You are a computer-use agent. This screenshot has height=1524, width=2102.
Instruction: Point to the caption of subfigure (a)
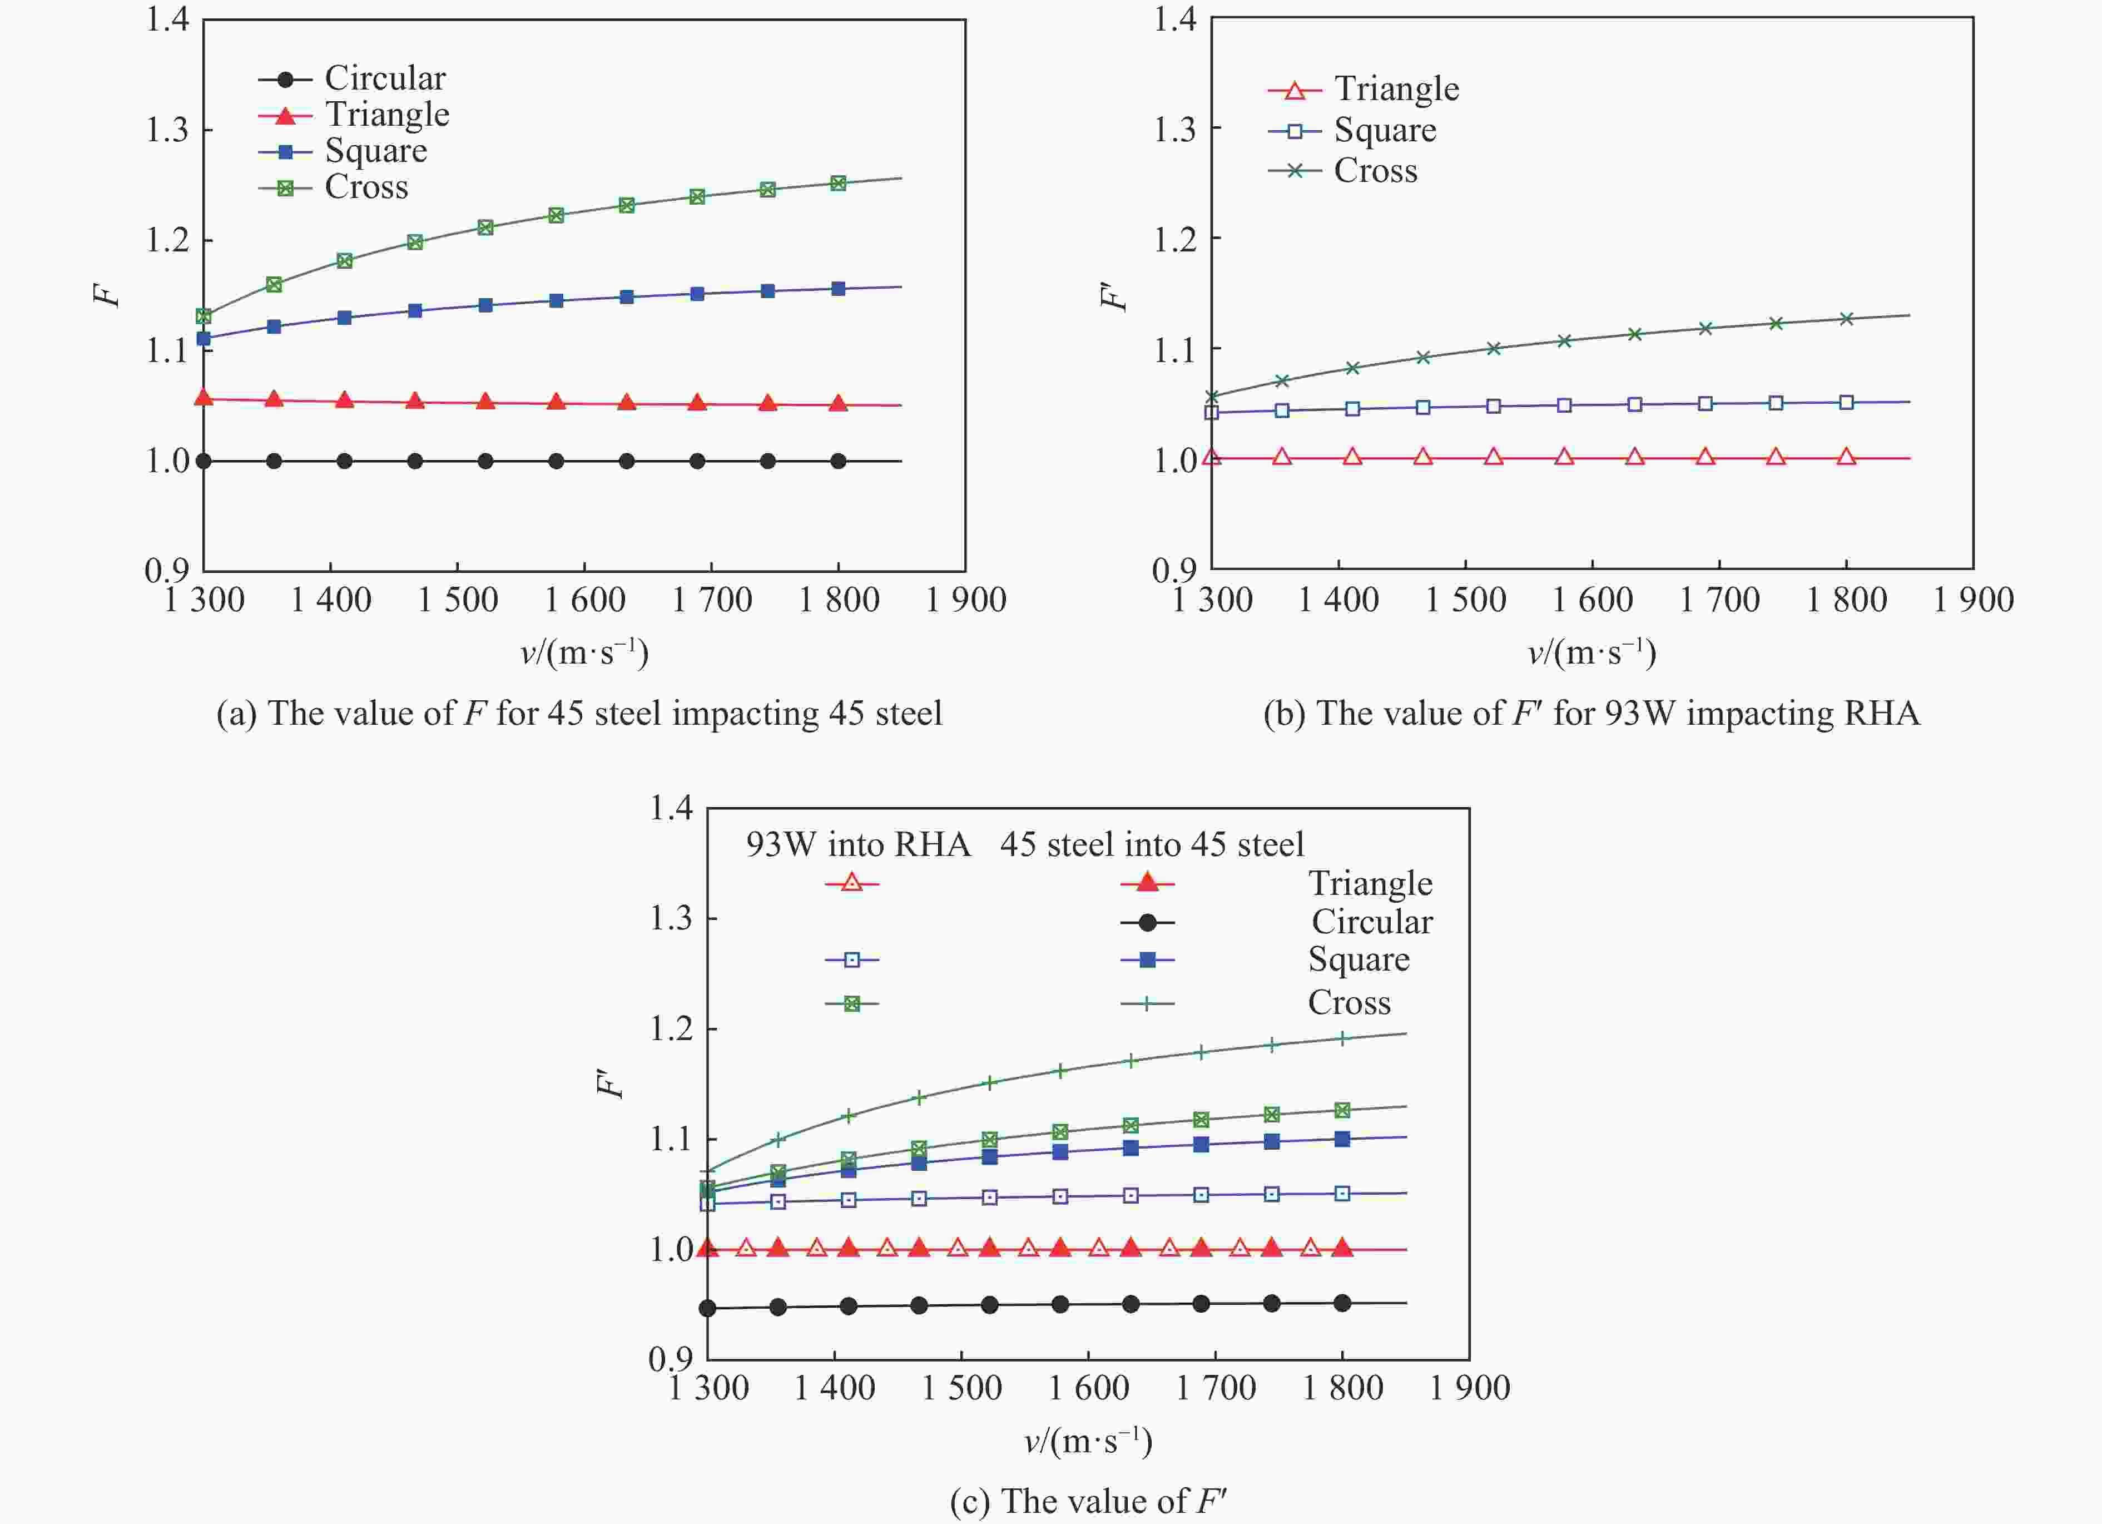click(579, 714)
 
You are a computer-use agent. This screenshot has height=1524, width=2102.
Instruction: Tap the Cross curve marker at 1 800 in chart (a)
click(838, 184)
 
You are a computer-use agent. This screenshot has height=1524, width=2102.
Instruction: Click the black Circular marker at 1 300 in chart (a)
click(204, 461)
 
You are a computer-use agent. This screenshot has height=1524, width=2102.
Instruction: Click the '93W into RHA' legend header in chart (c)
click(857, 844)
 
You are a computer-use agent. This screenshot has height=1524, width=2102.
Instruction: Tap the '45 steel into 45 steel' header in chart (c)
click(1151, 844)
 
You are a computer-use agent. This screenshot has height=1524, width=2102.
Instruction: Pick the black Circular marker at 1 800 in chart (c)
click(1342, 1303)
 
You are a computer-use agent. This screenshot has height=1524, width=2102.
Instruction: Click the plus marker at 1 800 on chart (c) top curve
click(1342, 1038)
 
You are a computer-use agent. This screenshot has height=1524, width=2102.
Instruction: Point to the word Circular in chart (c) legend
click(1372, 922)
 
